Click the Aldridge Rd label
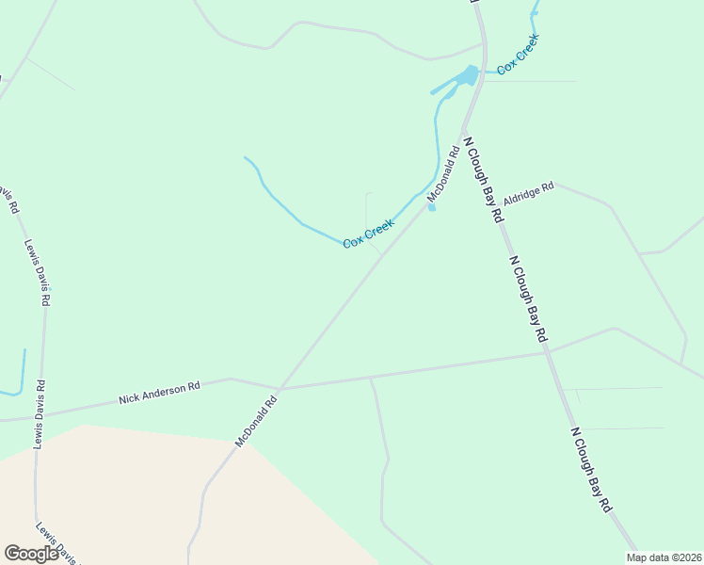tap(528, 194)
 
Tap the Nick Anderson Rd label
tap(160, 393)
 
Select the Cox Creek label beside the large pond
tap(518, 55)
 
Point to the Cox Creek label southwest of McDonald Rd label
tap(367, 234)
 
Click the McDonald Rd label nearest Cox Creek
tap(443, 172)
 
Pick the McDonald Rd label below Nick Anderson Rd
tap(257, 419)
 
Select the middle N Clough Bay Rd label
tap(527, 298)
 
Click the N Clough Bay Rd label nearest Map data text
tap(591, 469)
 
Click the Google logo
tap(32, 554)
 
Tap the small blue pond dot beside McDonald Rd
tap(432, 208)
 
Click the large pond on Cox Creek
tap(468, 75)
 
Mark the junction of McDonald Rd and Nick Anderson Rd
tap(280, 388)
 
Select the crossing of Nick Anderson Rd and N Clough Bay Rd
tap(547, 352)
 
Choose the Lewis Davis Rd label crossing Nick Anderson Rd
tap(40, 413)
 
